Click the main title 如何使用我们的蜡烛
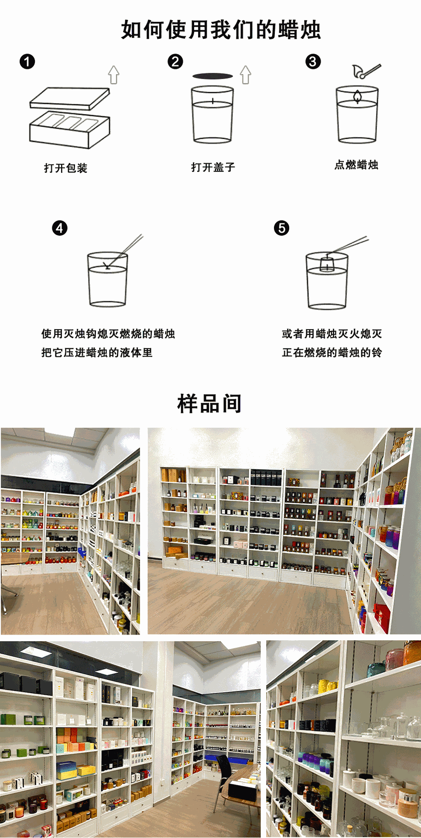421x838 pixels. [x=221, y=30]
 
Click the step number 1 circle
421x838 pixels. [x=27, y=62]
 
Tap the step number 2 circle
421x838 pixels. [x=175, y=62]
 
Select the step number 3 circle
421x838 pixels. [x=313, y=62]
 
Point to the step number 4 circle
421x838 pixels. [x=60, y=228]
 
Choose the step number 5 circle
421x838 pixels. [x=281, y=228]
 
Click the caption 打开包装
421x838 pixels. [x=66, y=168]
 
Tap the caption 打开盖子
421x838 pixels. [x=213, y=167]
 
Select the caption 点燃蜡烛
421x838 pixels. [x=356, y=165]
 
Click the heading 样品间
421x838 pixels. [x=209, y=403]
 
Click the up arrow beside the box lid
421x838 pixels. [x=114, y=75]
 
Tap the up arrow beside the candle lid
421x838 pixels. [x=246, y=75]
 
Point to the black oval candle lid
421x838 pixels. [x=213, y=76]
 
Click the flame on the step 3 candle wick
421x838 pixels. [x=357, y=96]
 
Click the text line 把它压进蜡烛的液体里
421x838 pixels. [x=97, y=353]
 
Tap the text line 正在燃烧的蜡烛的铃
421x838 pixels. [x=332, y=353]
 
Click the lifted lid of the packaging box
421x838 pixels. [x=70, y=98]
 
